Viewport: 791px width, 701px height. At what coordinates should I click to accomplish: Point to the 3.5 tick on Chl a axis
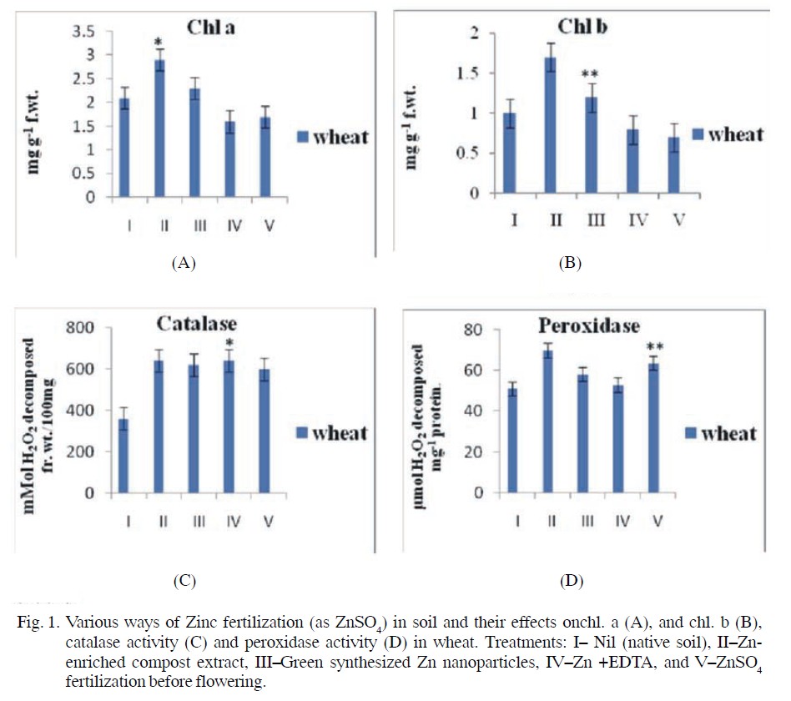pos(86,31)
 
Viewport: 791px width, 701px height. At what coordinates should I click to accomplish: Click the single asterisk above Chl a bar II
pos(158,42)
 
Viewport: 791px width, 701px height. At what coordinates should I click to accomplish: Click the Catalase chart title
pos(196,323)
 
